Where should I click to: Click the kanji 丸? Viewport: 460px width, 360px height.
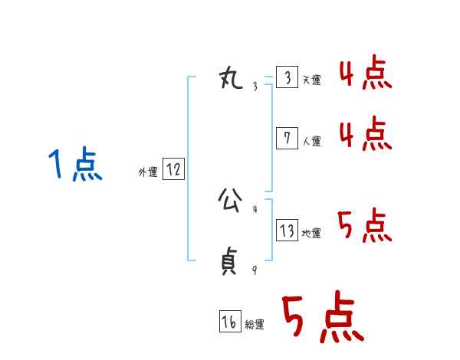pyautogui.click(x=231, y=77)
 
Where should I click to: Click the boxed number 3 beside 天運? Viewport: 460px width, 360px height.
pyautogui.click(x=287, y=78)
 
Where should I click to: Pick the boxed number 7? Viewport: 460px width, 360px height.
pyautogui.click(x=287, y=138)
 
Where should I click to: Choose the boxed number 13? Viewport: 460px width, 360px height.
pyautogui.click(x=287, y=230)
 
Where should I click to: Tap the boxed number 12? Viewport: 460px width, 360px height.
pyautogui.click(x=173, y=169)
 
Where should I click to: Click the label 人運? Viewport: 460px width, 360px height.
pyautogui.click(x=312, y=141)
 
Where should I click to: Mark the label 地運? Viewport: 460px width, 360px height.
pyautogui.click(x=312, y=233)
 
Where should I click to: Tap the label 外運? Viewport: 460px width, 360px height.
pyautogui.click(x=148, y=172)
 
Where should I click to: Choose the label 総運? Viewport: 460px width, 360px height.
pyautogui.click(x=255, y=325)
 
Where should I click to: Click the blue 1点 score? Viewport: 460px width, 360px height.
pyautogui.click(x=75, y=165)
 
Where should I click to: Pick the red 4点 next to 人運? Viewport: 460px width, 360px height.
pyautogui.click(x=366, y=134)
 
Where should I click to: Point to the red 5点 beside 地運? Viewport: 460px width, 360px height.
pyautogui.click(x=366, y=226)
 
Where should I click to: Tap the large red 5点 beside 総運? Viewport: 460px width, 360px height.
pyautogui.click(x=322, y=318)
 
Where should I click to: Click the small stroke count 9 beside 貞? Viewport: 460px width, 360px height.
pyautogui.click(x=255, y=270)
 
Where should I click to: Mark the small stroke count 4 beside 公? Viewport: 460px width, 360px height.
pyautogui.click(x=255, y=208)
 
